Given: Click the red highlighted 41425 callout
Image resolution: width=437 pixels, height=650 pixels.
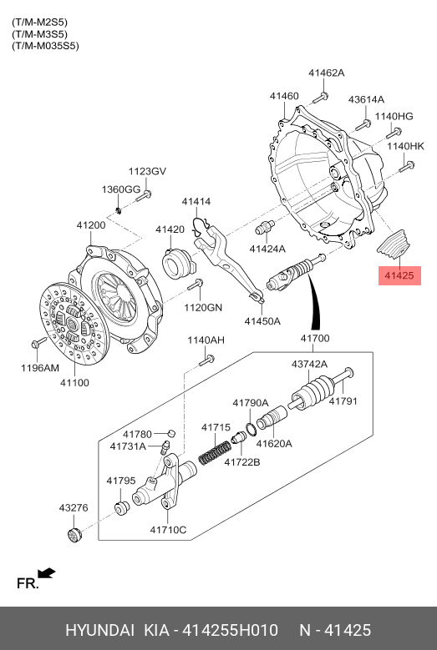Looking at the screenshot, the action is pos(399,275).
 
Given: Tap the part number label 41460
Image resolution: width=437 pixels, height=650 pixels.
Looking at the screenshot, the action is pos(284,96).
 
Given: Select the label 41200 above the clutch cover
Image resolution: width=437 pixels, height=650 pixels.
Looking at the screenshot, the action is pos(91,225).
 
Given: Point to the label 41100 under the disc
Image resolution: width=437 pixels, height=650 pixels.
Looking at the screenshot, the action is pos(74,383).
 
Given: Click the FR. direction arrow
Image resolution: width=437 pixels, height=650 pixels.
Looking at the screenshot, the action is pos(47,573).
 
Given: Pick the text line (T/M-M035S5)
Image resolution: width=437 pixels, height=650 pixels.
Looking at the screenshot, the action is pos(45,46).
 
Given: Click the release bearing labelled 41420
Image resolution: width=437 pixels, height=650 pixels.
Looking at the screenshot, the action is pos(177,262).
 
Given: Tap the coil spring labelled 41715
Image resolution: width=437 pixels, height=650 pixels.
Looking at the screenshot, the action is pos(215,453).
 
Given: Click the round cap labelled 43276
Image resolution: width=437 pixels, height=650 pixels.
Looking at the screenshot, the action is pos(75,535).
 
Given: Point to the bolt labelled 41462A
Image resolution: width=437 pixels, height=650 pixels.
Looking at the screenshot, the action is pos(320,98).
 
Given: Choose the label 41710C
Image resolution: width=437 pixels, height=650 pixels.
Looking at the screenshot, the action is pos(168,530).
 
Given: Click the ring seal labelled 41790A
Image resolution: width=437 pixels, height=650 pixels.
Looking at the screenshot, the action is pos(250,430).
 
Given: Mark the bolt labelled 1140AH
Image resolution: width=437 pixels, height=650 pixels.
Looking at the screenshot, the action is pos(206,360).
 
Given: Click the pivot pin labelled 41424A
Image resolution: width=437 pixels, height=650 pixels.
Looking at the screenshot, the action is pos(265,227).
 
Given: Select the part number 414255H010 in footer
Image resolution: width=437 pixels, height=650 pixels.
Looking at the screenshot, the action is pos(231,631).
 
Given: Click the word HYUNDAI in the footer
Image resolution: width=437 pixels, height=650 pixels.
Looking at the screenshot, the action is pos(99,631).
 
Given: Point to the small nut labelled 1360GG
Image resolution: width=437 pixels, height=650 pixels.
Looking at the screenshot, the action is pos(119,210).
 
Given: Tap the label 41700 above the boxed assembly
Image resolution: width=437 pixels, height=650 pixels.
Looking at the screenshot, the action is pos(315,339).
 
